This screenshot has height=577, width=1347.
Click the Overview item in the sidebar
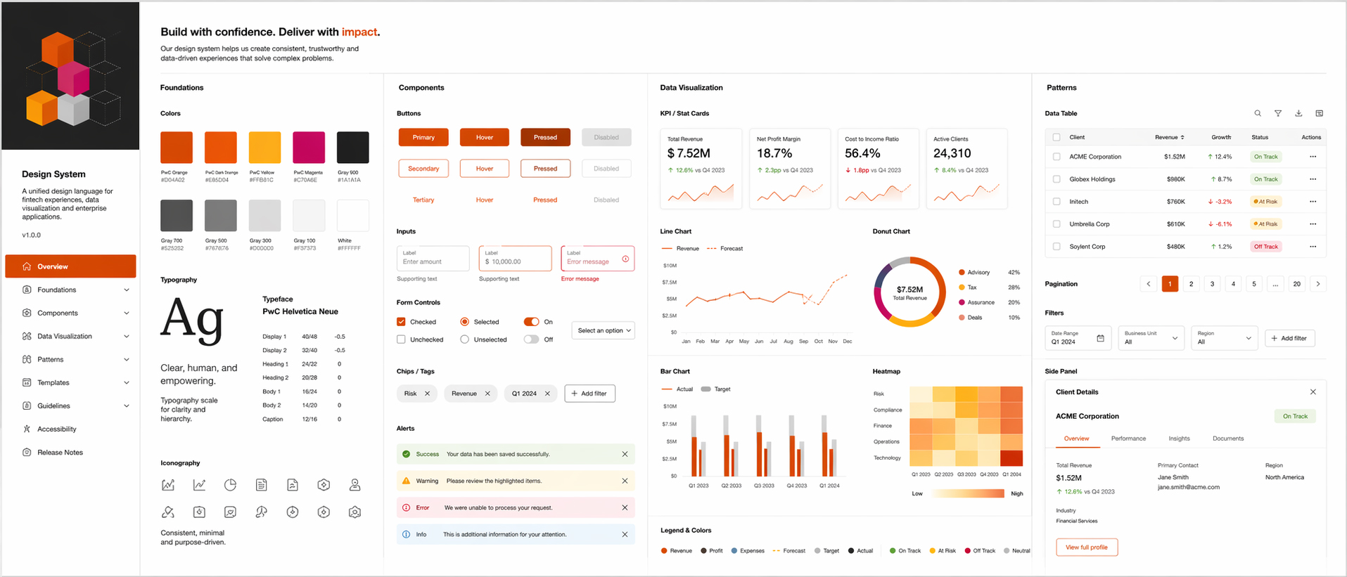(x=70, y=266)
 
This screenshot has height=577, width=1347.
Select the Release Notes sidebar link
(x=60, y=453)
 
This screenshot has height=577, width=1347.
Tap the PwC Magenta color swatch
(x=309, y=148)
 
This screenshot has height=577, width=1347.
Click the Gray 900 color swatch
(x=352, y=148)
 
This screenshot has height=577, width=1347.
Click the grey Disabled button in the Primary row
(x=606, y=138)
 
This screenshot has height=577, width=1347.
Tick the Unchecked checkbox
(x=401, y=339)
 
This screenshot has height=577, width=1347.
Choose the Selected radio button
(x=464, y=322)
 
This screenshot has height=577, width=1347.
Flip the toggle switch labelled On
(x=531, y=322)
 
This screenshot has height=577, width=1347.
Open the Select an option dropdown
(x=604, y=330)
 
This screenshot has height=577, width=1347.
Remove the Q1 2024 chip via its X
(x=547, y=394)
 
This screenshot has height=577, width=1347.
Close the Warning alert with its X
(x=625, y=481)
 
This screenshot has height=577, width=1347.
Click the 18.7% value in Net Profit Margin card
(x=774, y=153)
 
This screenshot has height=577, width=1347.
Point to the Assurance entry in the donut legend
(x=981, y=302)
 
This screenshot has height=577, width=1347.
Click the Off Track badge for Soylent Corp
(x=1265, y=247)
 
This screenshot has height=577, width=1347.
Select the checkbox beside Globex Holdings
(x=1056, y=179)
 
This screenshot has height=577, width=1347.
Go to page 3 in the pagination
(x=1212, y=284)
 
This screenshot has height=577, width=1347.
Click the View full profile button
(x=1086, y=547)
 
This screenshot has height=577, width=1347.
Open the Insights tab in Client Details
(x=1179, y=439)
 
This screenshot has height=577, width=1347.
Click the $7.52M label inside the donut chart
(x=909, y=289)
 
